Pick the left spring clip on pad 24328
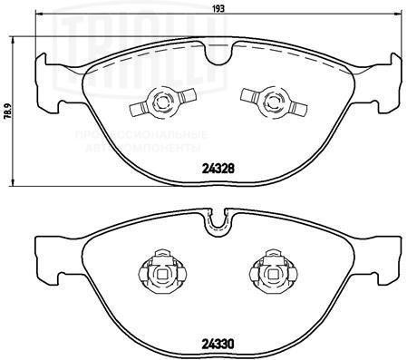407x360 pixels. (x=164, y=102)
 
